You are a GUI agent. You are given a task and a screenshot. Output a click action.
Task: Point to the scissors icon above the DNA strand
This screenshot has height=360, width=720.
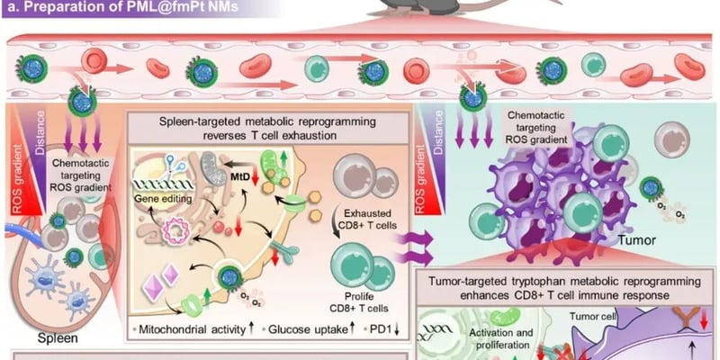168,165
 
